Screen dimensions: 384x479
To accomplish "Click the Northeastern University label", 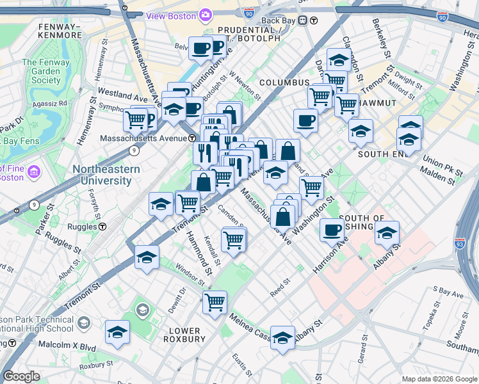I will [x=106, y=175].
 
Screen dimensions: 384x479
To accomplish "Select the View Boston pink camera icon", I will [x=206, y=14].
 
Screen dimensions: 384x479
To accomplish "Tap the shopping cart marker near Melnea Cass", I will [x=215, y=301].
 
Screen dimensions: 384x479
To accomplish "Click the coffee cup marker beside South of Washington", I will [x=331, y=230].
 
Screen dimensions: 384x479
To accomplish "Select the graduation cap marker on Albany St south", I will [x=282, y=338].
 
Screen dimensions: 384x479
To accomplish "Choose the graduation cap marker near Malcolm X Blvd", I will [x=117, y=332].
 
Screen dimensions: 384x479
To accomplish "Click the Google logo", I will [x=21, y=376].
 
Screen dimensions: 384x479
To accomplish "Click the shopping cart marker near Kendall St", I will [x=233, y=240].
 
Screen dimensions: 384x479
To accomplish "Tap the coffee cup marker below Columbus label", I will [x=305, y=120].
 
